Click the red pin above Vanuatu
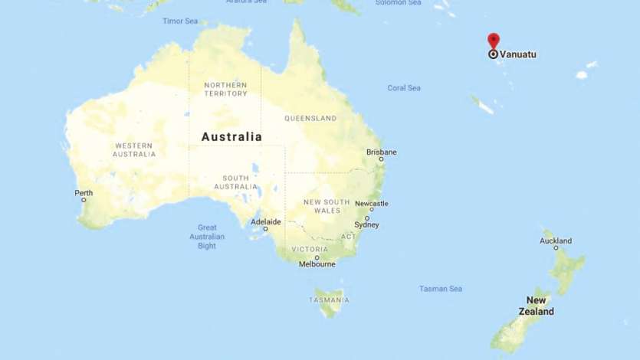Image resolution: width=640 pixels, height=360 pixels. (494, 40)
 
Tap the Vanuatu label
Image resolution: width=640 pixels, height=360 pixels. (518, 54)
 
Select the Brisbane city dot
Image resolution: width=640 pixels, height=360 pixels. (381, 159)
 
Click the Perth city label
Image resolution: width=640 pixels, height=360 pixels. (84, 192)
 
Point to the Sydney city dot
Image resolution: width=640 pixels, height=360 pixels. (367, 218)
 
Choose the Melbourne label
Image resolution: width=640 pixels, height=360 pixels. (317, 264)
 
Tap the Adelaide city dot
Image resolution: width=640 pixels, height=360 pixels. (266, 229)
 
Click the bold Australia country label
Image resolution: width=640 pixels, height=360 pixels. (231, 137)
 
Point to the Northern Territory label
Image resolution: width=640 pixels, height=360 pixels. (225, 89)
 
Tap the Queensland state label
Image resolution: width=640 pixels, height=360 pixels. (310, 119)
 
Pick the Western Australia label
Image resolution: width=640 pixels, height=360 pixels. (134, 149)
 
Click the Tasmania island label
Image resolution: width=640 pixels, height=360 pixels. (330, 300)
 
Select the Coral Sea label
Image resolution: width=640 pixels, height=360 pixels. (404, 88)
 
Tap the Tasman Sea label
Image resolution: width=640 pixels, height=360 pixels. (441, 289)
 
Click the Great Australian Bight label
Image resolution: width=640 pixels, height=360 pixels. (207, 237)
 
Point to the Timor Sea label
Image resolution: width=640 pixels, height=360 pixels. (180, 21)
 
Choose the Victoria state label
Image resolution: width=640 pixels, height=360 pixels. (310, 250)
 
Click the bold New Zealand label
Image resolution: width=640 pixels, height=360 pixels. (536, 306)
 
